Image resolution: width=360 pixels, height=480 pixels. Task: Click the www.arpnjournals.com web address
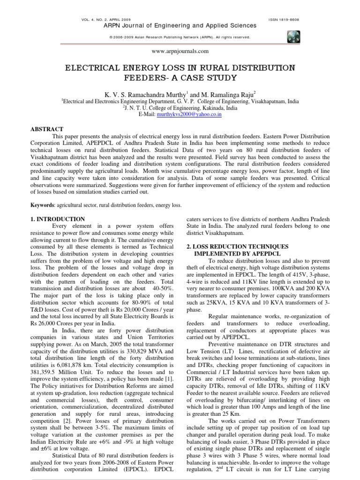coord(180,51)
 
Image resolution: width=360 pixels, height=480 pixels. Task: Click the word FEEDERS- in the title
coord(150,77)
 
